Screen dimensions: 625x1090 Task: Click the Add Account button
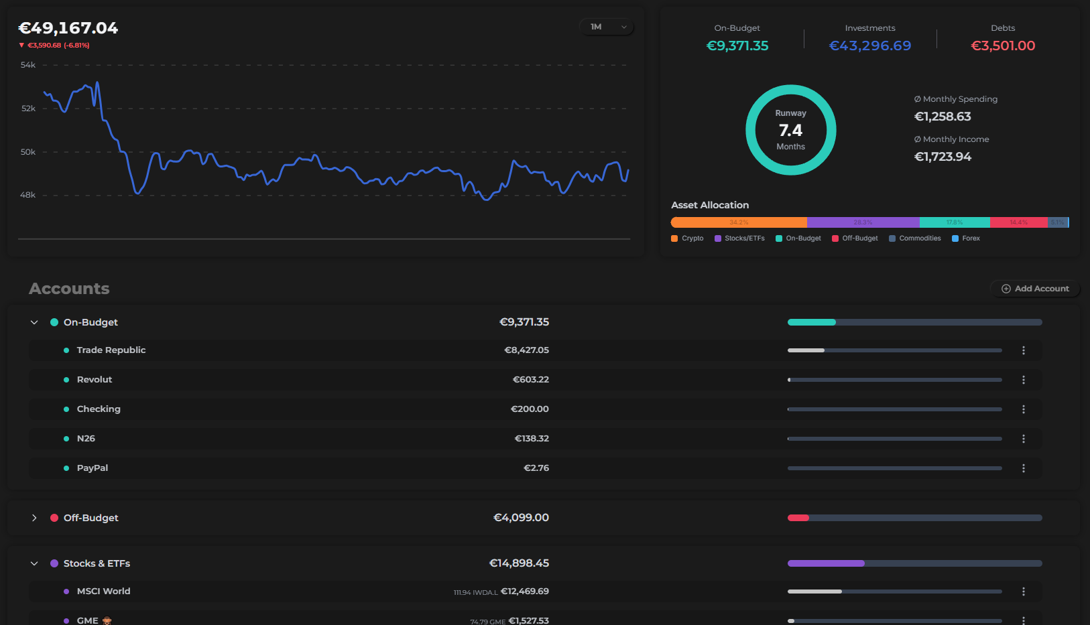[1035, 289]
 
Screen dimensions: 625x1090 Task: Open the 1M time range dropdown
[607, 27]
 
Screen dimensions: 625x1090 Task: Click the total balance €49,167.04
[68, 28]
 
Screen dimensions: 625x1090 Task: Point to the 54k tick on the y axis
[28, 65]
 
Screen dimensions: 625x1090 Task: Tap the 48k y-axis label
[28, 195]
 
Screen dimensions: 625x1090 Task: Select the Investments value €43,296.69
[869, 46]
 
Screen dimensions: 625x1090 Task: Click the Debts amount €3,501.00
[1003, 46]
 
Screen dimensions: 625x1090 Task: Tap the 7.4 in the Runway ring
[790, 130]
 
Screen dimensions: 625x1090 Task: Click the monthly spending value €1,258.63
[943, 117]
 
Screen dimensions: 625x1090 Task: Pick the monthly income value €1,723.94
[943, 157]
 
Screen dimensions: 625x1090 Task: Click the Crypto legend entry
[688, 238]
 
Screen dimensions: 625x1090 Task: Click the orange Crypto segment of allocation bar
[739, 222]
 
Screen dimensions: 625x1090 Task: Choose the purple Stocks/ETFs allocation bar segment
[863, 222]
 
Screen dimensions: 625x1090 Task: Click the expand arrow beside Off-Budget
[34, 518]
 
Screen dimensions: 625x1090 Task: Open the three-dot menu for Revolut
[1023, 380]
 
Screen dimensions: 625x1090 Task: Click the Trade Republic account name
[111, 350]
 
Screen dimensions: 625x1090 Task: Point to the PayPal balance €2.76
[536, 468]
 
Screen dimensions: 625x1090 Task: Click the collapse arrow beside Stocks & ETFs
[34, 563]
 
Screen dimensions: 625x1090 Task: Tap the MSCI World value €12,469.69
[524, 592]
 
